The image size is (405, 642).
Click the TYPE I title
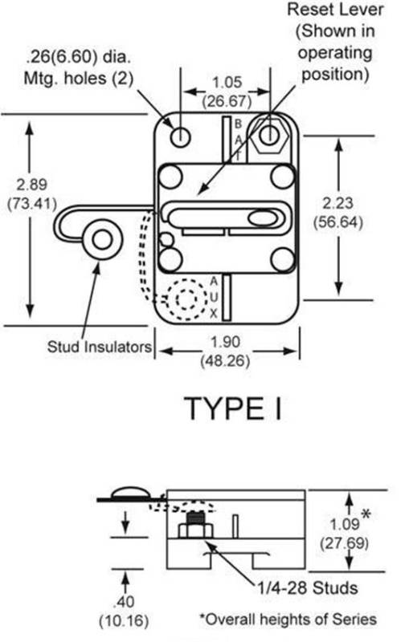click(234, 408)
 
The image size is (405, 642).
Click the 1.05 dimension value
click(227, 83)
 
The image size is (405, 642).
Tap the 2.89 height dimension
click(31, 185)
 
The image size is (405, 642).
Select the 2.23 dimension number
click(337, 203)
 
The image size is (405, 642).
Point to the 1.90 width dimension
click(225, 342)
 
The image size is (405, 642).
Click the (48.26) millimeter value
click(225, 360)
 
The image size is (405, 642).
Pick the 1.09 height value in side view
click(345, 524)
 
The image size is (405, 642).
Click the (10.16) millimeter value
click(124, 620)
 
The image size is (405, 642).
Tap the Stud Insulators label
click(99, 347)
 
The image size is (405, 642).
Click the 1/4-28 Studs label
click(307, 588)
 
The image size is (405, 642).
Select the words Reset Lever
click(335, 10)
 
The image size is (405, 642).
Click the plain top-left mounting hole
click(180, 136)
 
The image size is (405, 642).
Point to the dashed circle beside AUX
click(187, 299)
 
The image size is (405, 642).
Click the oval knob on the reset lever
click(262, 217)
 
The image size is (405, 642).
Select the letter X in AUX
click(214, 314)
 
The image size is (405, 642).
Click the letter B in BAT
click(238, 124)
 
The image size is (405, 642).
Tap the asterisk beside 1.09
click(366, 514)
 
